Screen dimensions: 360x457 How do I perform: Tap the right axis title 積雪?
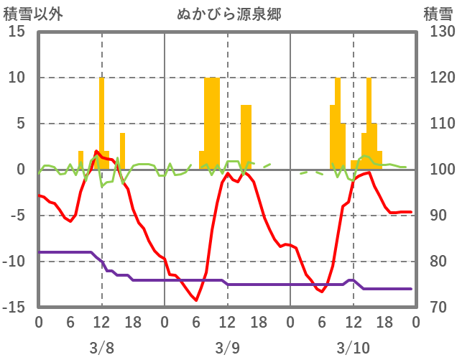pyautogui.click(x=437, y=13)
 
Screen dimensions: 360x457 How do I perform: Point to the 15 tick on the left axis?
pyautogui.click(x=18, y=32)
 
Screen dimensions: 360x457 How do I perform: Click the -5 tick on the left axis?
pyautogui.click(x=18, y=216)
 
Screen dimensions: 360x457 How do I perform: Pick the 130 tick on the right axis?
pyautogui.click(x=436, y=32)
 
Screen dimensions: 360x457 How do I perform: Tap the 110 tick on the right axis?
pyautogui.click(x=436, y=124)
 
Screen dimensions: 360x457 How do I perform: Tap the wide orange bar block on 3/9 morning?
pyautogui.click(x=211, y=122)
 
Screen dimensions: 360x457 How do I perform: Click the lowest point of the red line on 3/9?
pyautogui.click(x=195, y=300)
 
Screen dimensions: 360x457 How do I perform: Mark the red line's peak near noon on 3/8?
pyautogui.click(x=96, y=151)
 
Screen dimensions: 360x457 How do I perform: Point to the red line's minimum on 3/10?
pyautogui.click(x=322, y=292)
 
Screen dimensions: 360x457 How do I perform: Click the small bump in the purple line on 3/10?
pyautogui.click(x=350, y=280)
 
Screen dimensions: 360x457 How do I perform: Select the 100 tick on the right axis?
pyautogui.click(x=436, y=170)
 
